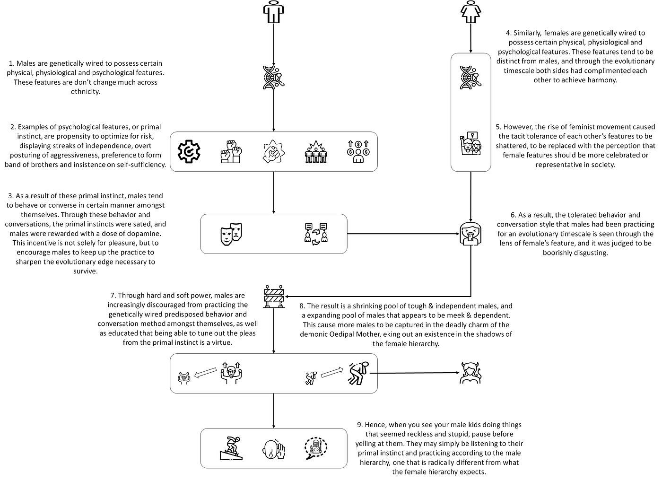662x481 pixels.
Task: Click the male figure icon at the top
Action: click(274, 12)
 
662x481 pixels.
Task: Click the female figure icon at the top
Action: click(471, 12)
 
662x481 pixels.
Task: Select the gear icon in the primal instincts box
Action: click(189, 152)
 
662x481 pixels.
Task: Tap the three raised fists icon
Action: click(231, 152)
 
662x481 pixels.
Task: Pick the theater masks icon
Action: click(231, 234)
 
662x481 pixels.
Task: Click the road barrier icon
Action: click(274, 297)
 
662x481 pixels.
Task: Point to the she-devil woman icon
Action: click(471, 373)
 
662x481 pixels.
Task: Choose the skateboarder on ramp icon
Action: click(231, 448)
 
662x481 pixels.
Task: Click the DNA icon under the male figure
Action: click(274, 78)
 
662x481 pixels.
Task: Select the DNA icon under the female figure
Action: click(471, 78)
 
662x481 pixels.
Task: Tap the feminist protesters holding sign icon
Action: click(471, 144)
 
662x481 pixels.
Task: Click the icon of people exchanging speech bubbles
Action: click(316, 234)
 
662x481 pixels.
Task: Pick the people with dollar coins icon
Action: click(358, 152)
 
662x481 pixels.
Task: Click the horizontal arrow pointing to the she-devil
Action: click(415, 373)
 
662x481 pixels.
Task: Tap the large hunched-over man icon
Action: click(358, 373)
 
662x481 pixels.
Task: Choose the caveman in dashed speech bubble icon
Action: click(316, 448)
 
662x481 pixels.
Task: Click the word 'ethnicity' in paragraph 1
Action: click(86, 92)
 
